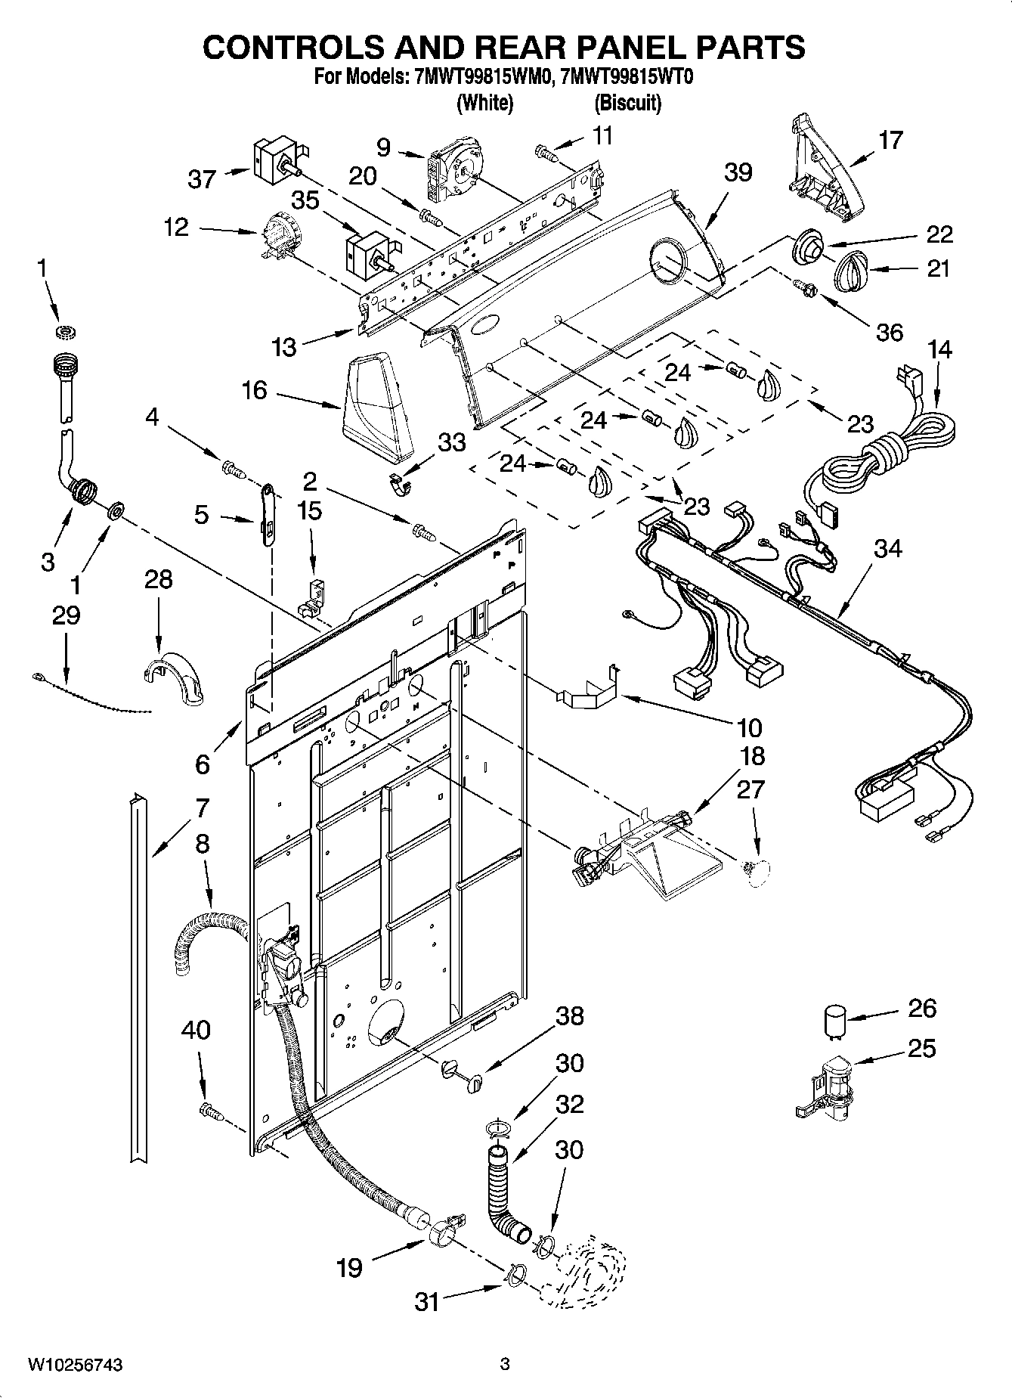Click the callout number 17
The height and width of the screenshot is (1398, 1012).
(891, 140)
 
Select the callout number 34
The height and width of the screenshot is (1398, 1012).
(887, 550)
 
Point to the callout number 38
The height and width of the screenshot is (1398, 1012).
(570, 1015)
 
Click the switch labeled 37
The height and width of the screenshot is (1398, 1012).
(274, 160)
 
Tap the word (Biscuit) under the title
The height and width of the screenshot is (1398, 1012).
(627, 103)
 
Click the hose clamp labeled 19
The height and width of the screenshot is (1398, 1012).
(443, 1236)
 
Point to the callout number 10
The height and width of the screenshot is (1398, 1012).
(748, 728)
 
